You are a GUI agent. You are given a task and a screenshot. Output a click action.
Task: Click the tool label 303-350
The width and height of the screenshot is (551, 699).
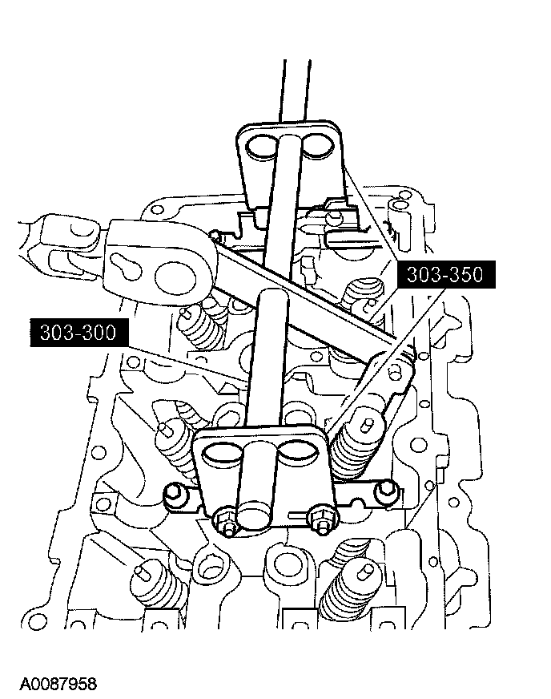click(444, 276)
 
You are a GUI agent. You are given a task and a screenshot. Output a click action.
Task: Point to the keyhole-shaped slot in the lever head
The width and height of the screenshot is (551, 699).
click(127, 266)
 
